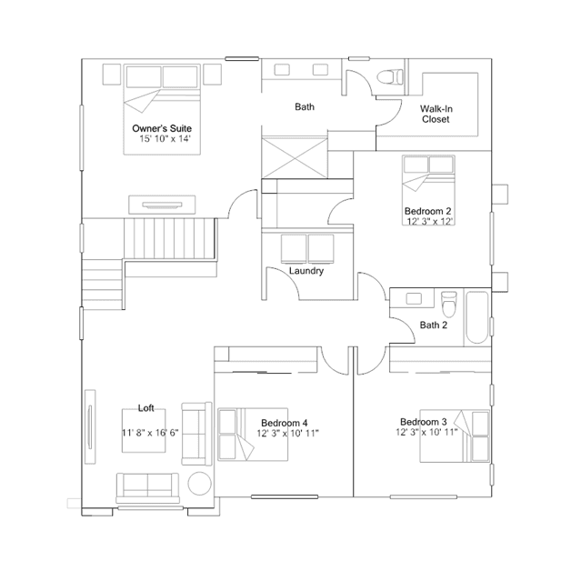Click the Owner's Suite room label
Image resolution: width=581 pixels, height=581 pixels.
point(162,128)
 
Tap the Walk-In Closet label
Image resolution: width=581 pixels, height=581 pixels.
point(436,115)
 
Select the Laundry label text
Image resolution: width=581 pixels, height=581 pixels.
point(306,271)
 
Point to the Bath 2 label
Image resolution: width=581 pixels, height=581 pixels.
point(434,326)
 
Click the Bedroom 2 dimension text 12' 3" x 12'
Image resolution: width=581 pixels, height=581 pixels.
point(430,222)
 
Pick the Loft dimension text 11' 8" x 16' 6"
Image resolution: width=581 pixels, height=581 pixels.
point(150,433)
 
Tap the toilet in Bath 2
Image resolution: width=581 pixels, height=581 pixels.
point(449,304)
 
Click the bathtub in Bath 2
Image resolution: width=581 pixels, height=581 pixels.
point(476,318)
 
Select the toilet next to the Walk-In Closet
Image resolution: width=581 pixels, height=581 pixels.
point(390,77)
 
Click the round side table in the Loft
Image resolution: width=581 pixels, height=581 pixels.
point(200,484)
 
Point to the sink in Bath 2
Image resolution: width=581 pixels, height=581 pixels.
point(414,298)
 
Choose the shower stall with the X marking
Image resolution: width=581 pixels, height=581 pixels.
point(295,158)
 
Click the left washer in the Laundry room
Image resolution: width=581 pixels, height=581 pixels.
point(294,248)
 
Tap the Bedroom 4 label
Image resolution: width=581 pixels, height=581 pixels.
point(285,423)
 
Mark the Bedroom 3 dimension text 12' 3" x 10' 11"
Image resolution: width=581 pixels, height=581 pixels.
point(426,432)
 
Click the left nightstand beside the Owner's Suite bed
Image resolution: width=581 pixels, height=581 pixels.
point(112,75)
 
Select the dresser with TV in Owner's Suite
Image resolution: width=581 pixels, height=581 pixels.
point(162,205)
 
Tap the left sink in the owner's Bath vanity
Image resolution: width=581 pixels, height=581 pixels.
point(282,70)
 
